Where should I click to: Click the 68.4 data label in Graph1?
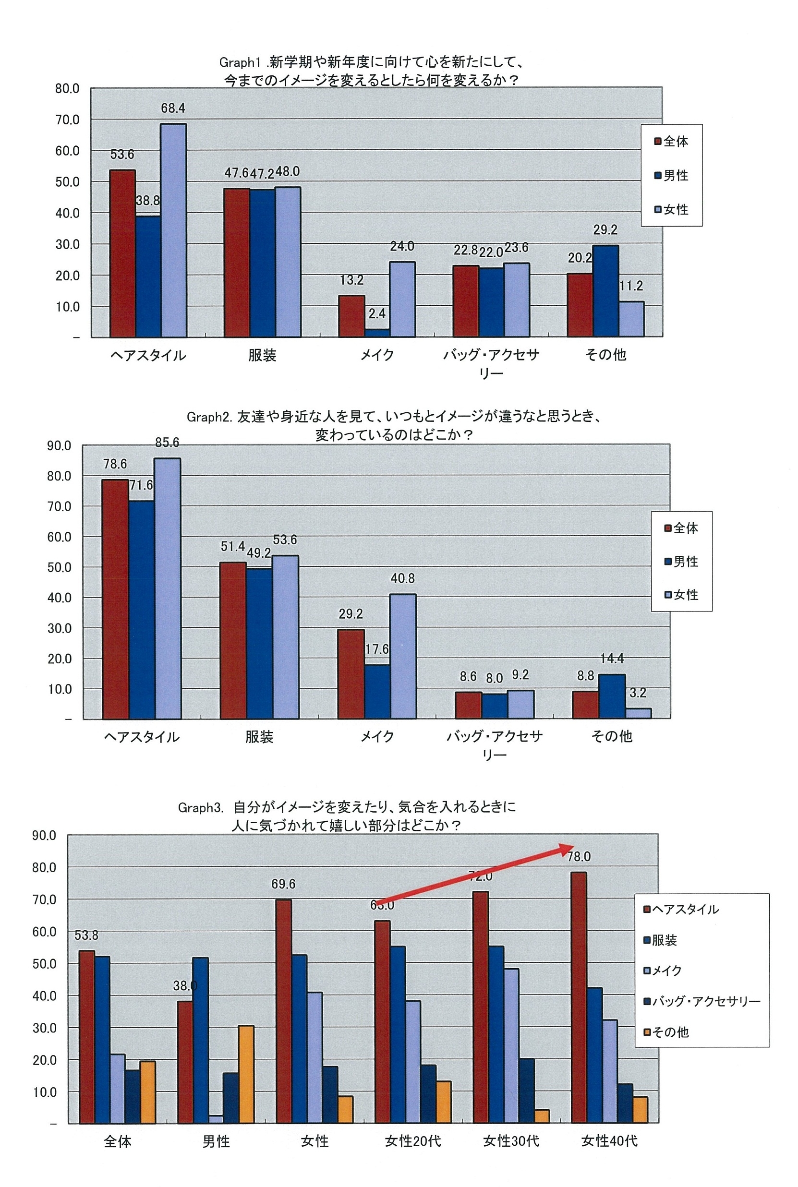tap(173, 108)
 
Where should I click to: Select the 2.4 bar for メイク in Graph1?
tap(377, 332)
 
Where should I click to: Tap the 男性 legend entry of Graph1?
tap(671, 176)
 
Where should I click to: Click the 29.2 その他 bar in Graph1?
tap(605, 290)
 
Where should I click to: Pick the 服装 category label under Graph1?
tap(262, 355)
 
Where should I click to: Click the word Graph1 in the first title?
tap(240, 62)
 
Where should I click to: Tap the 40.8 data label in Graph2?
tap(402, 578)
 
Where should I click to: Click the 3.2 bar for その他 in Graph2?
tap(638, 713)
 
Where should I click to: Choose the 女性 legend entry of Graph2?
tap(681, 594)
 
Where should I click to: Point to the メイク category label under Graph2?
tap(377, 736)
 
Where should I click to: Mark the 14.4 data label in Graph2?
tap(612, 659)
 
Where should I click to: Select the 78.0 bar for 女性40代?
tap(579, 997)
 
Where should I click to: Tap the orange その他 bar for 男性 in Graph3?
tap(246, 1074)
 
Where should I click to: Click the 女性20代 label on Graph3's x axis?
tap(413, 1141)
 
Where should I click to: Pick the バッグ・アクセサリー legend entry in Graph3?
tap(702, 1001)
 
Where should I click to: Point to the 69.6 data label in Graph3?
tap(283, 884)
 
